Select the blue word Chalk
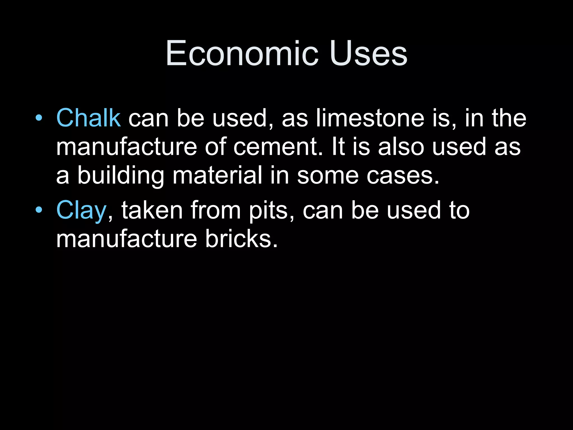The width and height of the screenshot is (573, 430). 88,118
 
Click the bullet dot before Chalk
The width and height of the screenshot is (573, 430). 39,118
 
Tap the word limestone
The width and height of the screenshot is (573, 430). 370,118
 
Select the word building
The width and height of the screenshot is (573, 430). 121,176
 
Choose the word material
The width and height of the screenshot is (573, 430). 217,175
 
